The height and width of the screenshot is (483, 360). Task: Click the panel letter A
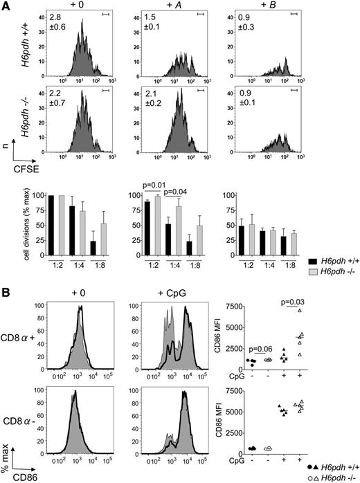[x=6, y=6]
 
